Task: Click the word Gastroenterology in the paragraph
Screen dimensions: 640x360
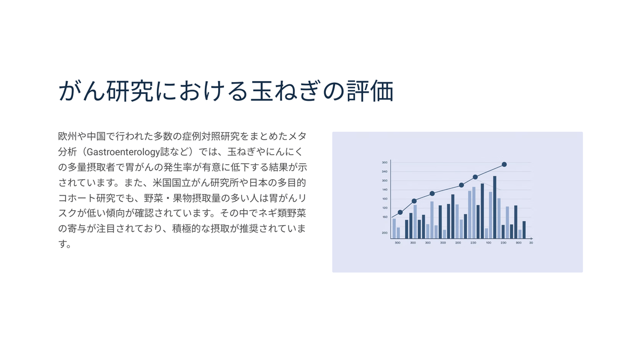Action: (x=123, y=152)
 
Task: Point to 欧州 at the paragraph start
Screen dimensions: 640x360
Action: (x=67, y=137)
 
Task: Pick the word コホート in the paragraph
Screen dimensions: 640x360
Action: (x=77, y=198)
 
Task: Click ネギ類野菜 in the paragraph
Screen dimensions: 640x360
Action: (x=282, y=213)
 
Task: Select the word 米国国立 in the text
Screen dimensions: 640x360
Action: (x=172, y=182)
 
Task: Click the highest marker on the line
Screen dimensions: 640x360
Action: (x=505, y=165)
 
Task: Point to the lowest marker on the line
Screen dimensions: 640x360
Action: (x=401, y=212)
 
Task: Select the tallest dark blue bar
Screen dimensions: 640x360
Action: (x=495, y=207)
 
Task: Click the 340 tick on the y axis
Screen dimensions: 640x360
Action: (x=385, y=172)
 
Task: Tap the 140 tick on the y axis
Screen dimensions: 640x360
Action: (x=385, y=190)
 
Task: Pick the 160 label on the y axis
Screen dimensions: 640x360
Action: (x=385, y=217)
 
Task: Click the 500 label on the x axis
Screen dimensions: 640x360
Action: (x=397, y=243)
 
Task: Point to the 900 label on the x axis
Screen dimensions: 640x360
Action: (x=518, y=243)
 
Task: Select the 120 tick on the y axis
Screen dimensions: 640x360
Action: (x=385, y=208)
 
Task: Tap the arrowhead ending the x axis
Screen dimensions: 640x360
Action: (x=532, y=238)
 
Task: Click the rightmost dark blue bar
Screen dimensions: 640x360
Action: (x=524, y=230)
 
